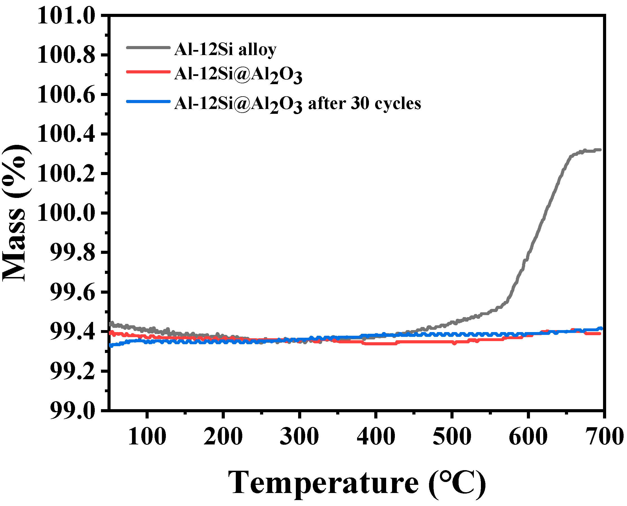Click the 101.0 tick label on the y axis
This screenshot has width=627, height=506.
(66, 16)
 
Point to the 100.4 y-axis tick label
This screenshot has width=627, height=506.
(66, 134)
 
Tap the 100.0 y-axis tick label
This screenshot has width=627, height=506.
(66, 213)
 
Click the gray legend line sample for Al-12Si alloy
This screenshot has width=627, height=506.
(148, 47)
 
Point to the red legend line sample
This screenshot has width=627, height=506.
(148, 72)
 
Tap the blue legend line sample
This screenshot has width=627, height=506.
(148, 101)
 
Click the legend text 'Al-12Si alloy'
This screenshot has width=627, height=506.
(225, 49)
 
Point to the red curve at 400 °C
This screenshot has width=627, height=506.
(376, 344)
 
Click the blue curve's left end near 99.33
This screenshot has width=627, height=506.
(111, 345)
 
